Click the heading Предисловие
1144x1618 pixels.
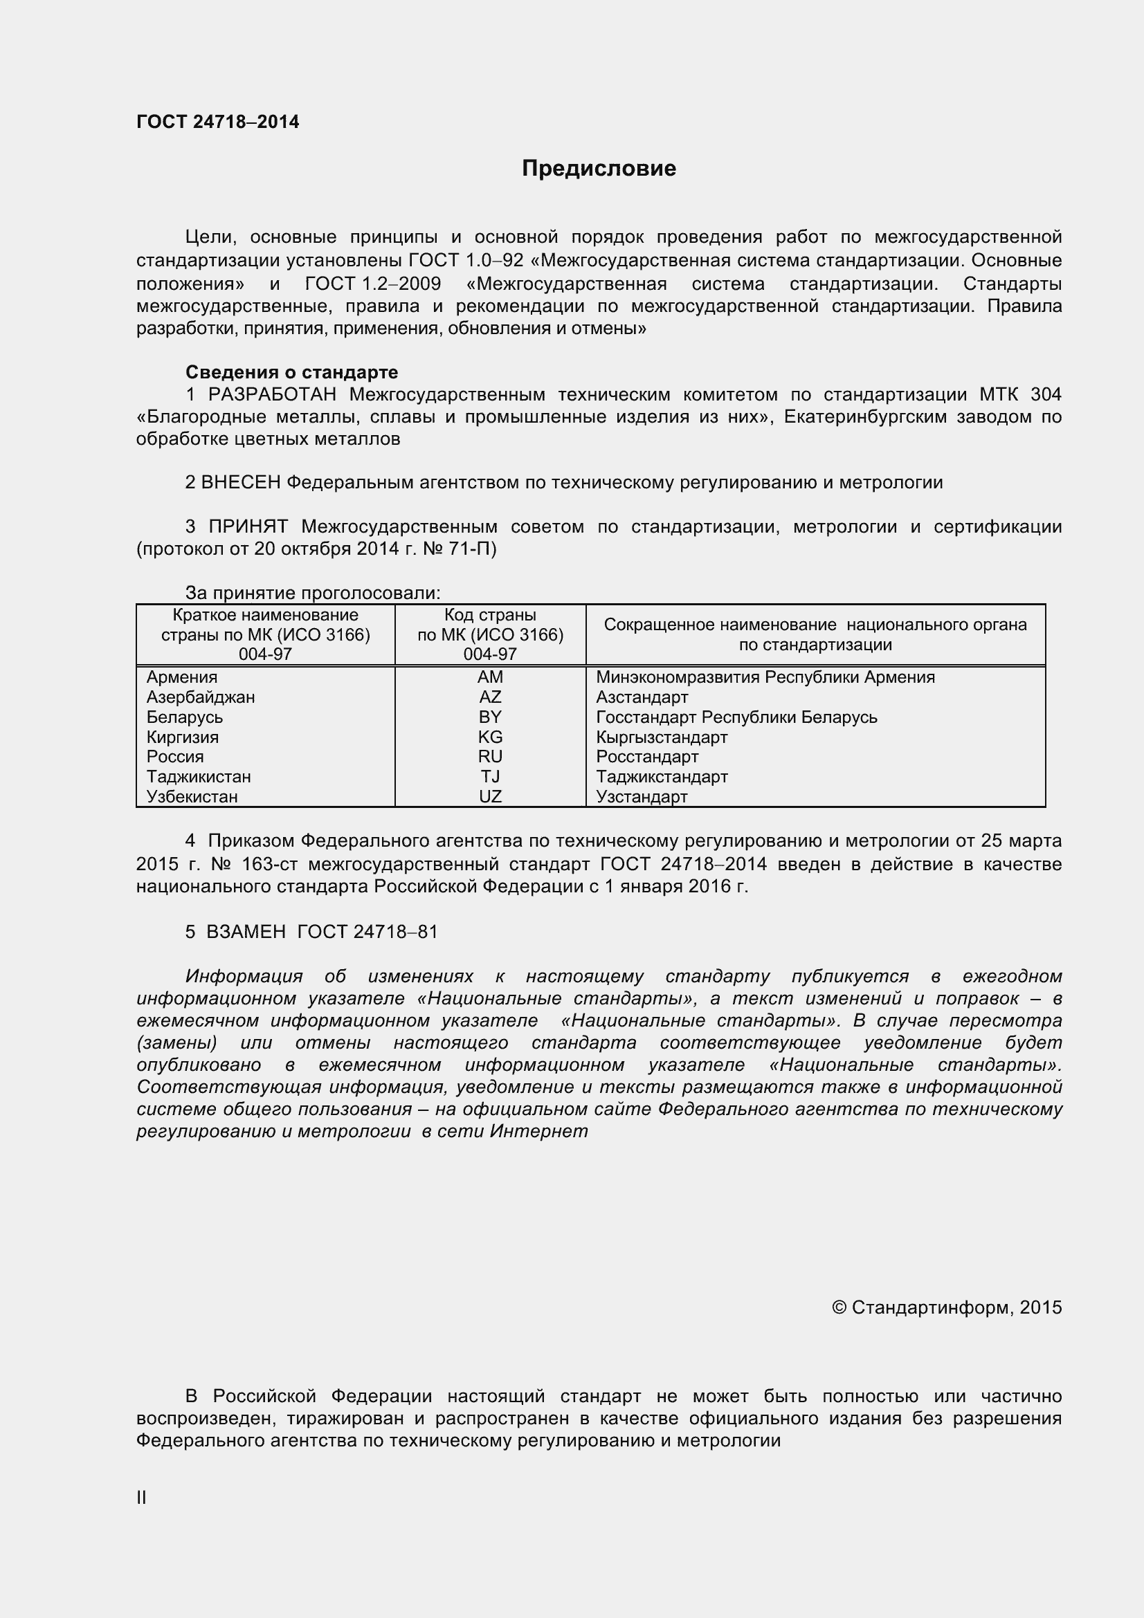[x=599, y=168]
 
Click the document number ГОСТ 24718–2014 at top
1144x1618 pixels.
[x=218, y=122]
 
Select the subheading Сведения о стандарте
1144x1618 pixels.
[x=291, y=372]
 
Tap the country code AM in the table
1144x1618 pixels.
[x=490, y=677]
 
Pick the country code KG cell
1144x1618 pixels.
[x=490, y=737]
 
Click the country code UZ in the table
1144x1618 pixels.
[x=490, y=797]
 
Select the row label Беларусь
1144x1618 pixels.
[x=185, y=717]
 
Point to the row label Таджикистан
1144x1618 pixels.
[x=199, y=777]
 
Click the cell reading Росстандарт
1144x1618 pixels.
[x=646, y=757]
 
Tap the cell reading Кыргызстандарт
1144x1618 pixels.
[x=661, y=737]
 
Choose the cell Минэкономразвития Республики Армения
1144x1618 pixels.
[x=765, y=677]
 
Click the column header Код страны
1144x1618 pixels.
[x=490, y=615]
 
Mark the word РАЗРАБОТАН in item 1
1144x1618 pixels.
[x=272, y=394]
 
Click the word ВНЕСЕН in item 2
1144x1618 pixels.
[x=241, y=483]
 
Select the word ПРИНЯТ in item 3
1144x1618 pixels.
[x=248, y=527]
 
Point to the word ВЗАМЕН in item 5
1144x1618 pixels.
[x=246, y=932]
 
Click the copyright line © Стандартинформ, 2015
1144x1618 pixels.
[x=946, y=1308]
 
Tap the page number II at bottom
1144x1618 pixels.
[x=142, y=1498]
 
